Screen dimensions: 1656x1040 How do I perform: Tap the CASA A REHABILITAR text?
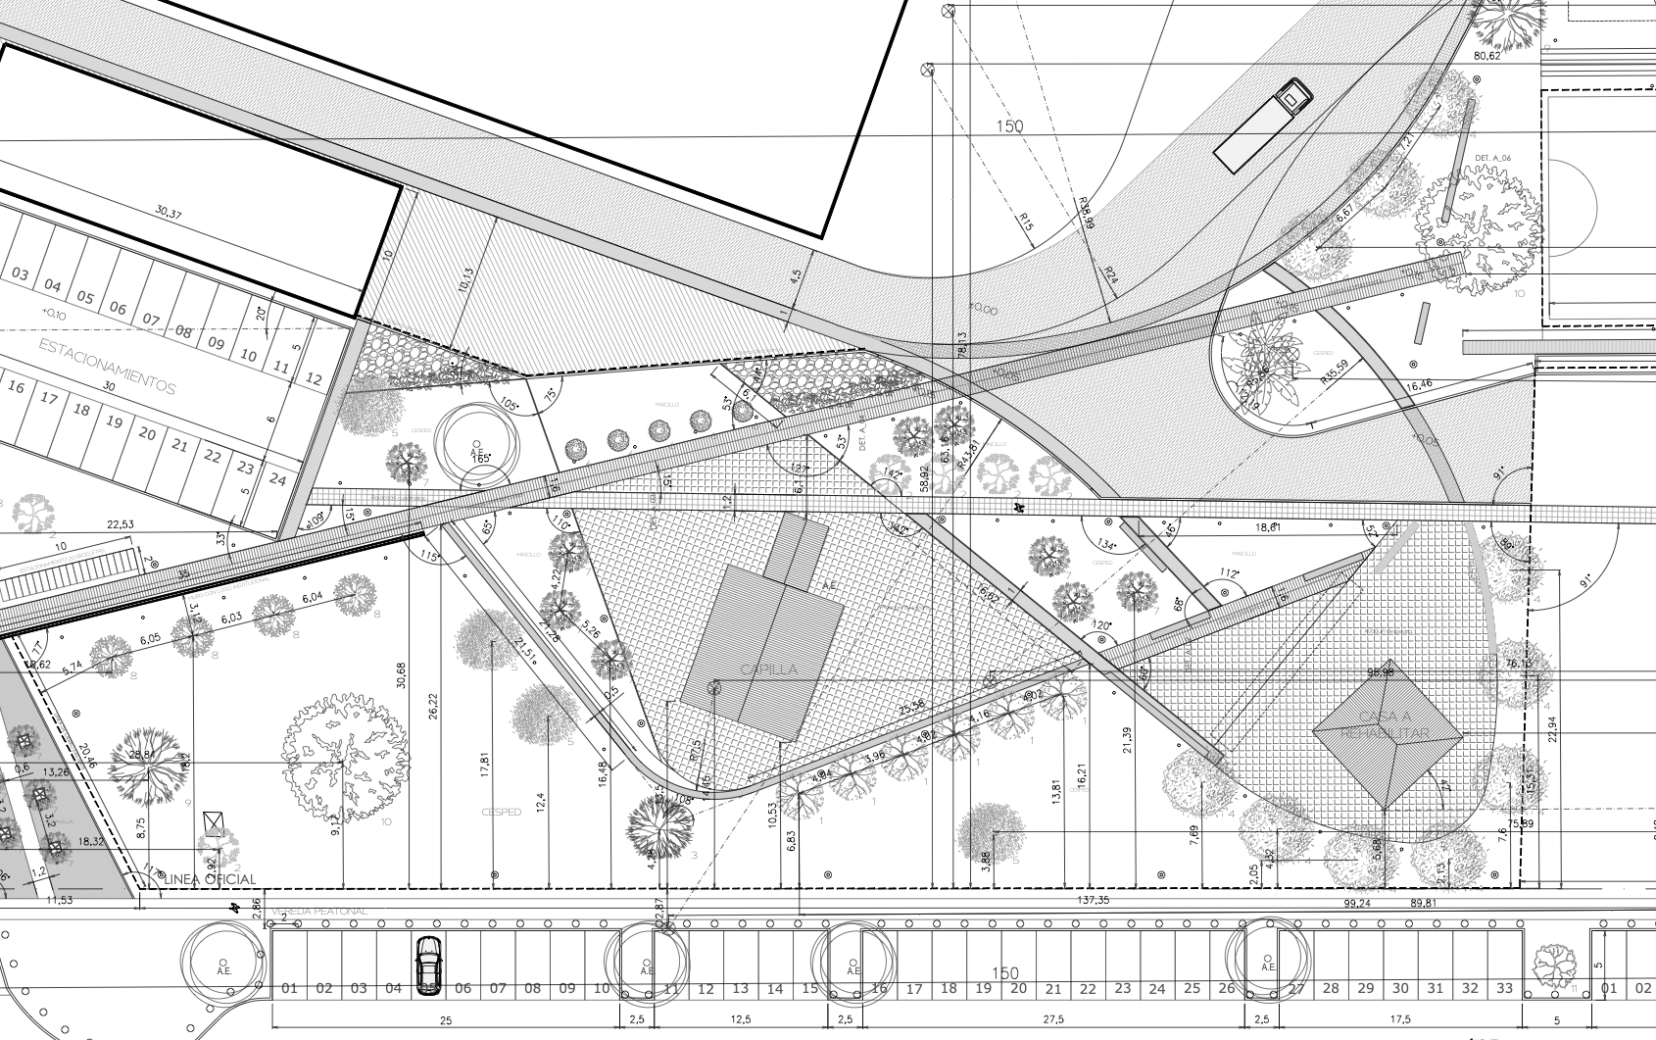1386,725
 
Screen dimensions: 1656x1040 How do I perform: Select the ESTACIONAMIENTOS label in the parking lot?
107,367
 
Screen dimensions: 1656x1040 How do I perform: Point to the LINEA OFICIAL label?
212,879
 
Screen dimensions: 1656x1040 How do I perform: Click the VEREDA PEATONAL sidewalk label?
319,912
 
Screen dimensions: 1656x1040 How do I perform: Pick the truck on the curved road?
1263,125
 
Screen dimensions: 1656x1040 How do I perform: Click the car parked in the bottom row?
428,965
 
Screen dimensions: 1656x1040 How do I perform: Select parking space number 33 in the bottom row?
1504,988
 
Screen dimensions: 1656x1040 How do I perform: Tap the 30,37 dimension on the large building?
169,213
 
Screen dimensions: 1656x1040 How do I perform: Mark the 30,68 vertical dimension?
402,681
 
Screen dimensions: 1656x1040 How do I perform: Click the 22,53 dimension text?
121,525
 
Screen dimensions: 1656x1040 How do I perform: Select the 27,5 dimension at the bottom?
1053,1019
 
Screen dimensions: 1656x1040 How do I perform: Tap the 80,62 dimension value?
1486,56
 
